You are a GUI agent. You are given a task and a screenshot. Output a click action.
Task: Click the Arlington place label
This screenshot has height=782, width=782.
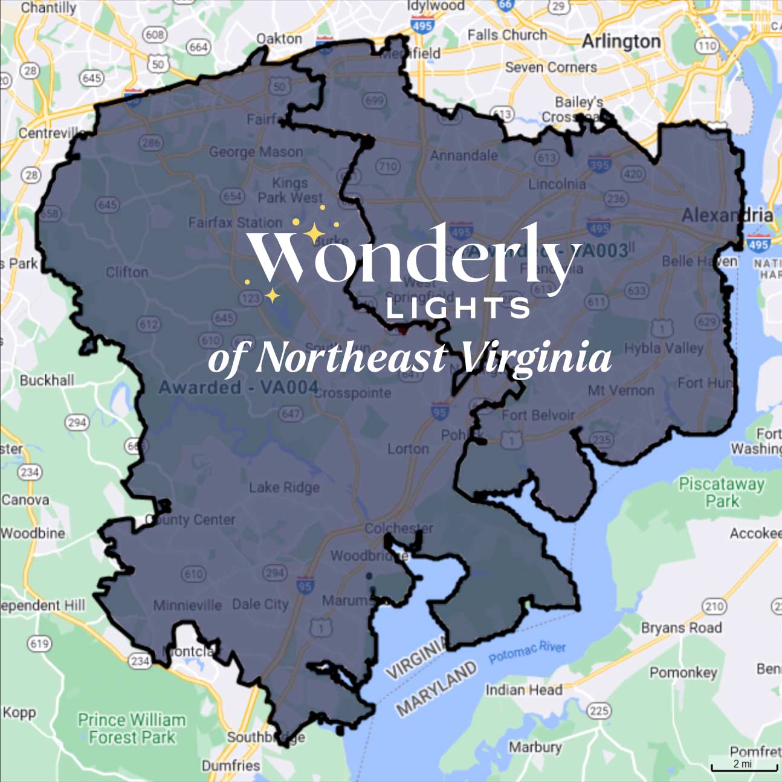(621, 42)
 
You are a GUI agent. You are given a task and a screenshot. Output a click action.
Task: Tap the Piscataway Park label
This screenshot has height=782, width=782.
(722, 492)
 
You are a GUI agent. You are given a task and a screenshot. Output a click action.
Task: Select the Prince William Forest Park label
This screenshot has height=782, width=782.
(132, 728)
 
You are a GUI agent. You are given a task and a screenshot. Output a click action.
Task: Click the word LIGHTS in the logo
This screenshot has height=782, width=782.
(458, 308)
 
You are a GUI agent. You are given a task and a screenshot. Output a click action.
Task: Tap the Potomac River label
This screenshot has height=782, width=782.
(527, 651)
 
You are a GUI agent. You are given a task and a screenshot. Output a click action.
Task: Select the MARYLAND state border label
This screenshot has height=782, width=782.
(436, 688)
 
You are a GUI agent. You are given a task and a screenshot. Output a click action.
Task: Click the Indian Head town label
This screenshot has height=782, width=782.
(523, 690)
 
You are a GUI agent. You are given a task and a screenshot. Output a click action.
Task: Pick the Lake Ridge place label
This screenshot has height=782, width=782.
(284, 487)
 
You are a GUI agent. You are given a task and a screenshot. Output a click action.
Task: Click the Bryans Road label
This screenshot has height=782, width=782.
(681, 628)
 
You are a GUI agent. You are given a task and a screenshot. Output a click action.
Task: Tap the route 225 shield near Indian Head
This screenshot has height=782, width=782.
(599, 710)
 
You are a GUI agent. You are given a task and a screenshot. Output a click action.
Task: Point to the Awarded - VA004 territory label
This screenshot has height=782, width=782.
(238, 387)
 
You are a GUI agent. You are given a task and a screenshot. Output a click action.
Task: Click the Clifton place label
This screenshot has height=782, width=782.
(127, 272)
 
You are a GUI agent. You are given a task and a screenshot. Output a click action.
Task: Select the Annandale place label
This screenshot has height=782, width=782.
(464, 155)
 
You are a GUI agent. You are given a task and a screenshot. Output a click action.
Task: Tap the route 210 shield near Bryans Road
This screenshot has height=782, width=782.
(714, 606)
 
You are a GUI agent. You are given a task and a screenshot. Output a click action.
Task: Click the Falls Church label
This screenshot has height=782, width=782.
(506, 35)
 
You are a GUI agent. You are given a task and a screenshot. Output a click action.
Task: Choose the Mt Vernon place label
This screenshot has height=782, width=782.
(621, 390)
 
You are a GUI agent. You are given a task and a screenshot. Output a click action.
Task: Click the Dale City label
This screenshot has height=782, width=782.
(260, 604)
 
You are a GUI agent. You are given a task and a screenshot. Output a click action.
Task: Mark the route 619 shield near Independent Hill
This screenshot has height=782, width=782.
(39, 644)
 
